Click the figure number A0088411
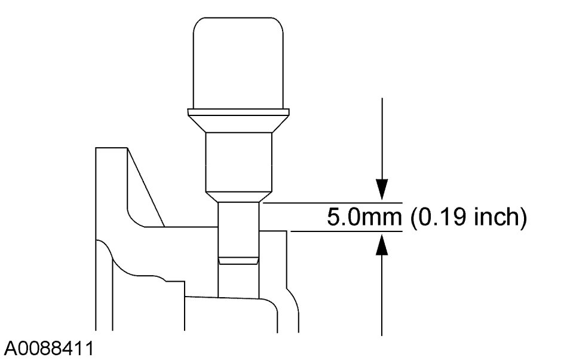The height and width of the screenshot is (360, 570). pos(48,349)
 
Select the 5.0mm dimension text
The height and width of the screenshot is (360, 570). pos(364,217)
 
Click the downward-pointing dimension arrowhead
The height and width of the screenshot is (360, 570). pos(382,190)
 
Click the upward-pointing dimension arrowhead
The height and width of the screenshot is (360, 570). pos(382,244)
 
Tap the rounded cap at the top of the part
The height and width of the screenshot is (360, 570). pos(238,63)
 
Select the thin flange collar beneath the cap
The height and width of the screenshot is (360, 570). pos(238,112)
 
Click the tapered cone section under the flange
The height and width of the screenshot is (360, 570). pos(238,124)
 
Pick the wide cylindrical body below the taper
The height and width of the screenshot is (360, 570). pos(238,162)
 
